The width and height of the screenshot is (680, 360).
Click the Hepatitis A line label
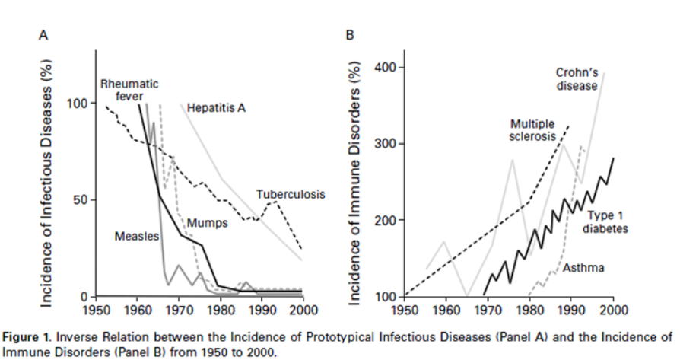click(216, 109)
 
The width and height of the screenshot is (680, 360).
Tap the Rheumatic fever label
click(130, 90)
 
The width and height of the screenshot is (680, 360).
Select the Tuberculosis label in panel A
click(291, 195)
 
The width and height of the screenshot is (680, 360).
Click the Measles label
click(137, 237)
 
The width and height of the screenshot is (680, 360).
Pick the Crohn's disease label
click(576, 79)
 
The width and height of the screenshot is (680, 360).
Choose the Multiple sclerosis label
click(532, 130)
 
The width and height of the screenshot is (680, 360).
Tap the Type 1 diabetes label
click(606, 222)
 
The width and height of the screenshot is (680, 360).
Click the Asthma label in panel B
click(579, 269)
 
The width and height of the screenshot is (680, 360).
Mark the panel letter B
click(350, 35)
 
